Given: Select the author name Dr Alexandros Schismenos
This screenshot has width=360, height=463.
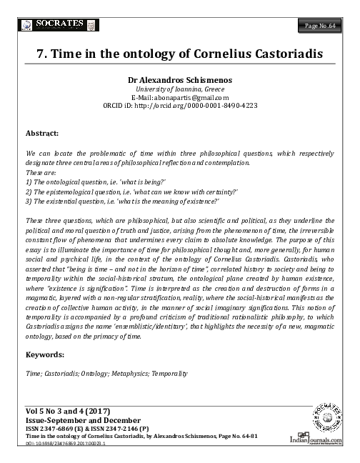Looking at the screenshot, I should [179, 80].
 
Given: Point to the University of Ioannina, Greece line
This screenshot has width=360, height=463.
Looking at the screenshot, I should [179, 89].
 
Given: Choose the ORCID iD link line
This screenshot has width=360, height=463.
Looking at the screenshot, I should [179, 106].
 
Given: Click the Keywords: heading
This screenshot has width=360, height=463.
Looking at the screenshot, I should [51, 354].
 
